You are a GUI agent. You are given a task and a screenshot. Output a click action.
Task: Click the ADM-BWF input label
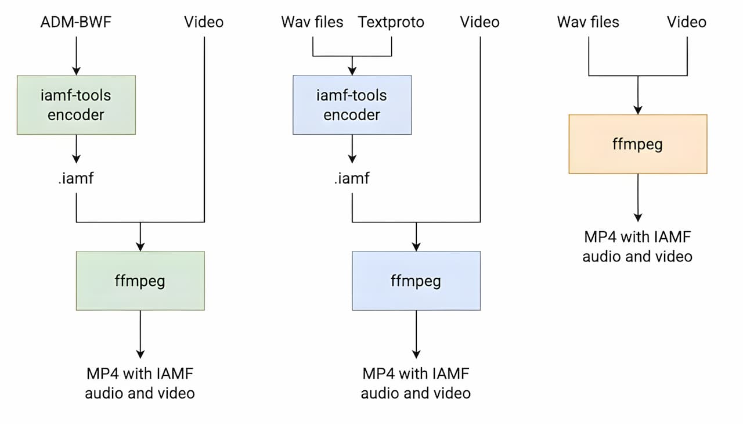76,22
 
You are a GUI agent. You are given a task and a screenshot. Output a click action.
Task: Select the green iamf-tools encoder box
76,105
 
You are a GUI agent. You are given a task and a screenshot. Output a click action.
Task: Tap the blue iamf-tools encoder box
352,105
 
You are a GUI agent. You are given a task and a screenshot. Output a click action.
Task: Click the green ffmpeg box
140,281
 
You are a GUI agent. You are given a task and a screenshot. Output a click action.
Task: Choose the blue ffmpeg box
416,281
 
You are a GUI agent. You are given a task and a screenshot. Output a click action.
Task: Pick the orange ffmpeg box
637,144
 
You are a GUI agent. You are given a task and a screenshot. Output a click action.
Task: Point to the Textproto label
391,22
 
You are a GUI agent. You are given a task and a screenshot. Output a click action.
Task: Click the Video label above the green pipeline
204,22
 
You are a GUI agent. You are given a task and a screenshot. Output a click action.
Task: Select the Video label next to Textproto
479,22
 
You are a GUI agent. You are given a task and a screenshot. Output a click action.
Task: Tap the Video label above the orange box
686,22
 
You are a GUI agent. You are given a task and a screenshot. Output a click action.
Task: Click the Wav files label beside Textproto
312,22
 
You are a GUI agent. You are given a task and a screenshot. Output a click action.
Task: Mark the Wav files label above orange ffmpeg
588,22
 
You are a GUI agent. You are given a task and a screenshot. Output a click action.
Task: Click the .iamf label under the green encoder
76,178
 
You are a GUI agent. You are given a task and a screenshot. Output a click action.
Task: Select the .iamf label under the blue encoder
352,178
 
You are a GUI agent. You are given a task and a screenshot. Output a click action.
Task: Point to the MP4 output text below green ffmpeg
140,383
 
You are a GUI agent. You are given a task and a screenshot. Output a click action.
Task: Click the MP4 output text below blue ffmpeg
416,383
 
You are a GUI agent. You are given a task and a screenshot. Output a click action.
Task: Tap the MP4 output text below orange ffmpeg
637,246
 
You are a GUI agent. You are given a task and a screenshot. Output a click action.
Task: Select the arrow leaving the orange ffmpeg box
637,197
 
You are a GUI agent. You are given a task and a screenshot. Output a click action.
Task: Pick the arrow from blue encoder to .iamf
352,150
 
